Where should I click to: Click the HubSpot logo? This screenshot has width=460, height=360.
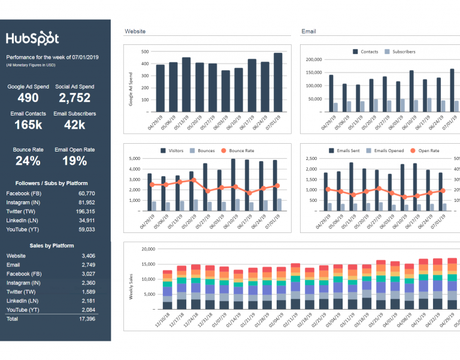point(32,38)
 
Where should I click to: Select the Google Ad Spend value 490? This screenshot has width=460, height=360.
point(28,98)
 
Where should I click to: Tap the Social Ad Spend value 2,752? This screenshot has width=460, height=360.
point(74,98)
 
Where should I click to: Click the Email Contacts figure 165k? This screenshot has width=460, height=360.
point(28,125)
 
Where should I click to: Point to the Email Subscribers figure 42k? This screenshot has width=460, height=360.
point(74,125)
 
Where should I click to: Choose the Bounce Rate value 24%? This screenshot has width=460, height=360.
point(28,161)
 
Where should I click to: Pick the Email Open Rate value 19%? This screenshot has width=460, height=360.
point(74,161)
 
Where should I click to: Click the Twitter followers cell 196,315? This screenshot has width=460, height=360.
point(86,211)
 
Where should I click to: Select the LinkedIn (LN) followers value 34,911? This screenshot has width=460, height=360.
point(86,220)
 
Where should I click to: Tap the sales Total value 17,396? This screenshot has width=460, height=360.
point(86,319)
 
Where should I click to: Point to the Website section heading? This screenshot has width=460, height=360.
point(135,31)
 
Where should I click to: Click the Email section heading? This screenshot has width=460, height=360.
point(308,31)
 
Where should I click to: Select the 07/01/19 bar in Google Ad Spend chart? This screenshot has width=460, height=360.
point(278,82)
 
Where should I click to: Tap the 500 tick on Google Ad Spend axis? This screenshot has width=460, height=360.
point(144,52)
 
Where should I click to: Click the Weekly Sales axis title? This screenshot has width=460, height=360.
point(131,286)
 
